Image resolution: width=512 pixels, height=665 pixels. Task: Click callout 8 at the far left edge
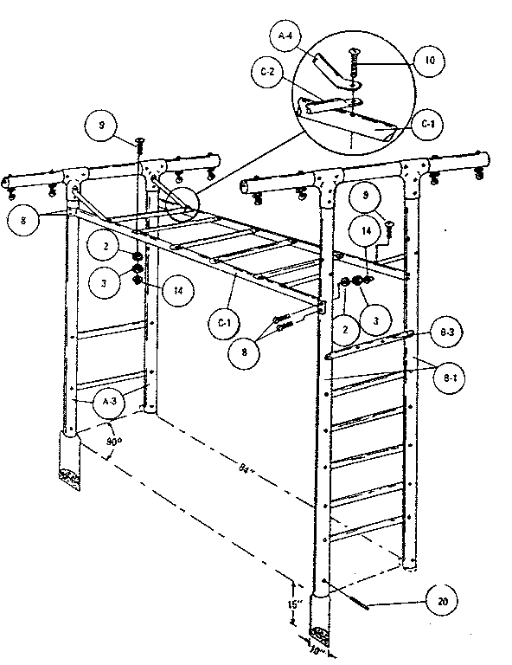(23, 221)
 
